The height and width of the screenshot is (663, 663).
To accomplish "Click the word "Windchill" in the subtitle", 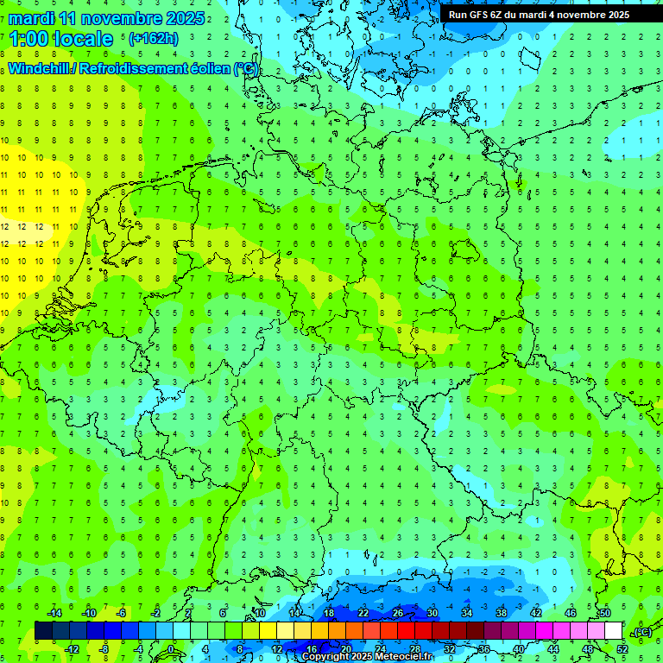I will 40,68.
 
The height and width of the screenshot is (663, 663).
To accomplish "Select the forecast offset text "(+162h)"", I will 153,38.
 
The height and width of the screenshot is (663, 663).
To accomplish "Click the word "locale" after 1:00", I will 82,39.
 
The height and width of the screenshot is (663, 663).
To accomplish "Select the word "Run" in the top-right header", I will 458,15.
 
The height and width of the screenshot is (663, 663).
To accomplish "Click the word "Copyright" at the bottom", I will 325,657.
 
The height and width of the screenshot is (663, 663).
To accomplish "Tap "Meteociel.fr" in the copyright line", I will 403,657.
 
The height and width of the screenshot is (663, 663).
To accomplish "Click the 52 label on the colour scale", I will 622,649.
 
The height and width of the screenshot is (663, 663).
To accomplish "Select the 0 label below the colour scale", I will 170,649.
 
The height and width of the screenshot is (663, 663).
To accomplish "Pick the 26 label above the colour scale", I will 398,613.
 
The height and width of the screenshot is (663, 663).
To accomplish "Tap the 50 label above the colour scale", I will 605,613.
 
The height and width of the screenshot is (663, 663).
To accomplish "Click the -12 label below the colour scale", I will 73,649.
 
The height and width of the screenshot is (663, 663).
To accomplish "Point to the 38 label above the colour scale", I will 502,613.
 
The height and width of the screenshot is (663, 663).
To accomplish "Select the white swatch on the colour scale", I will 614,631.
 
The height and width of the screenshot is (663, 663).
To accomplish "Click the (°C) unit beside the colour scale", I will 642,632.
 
